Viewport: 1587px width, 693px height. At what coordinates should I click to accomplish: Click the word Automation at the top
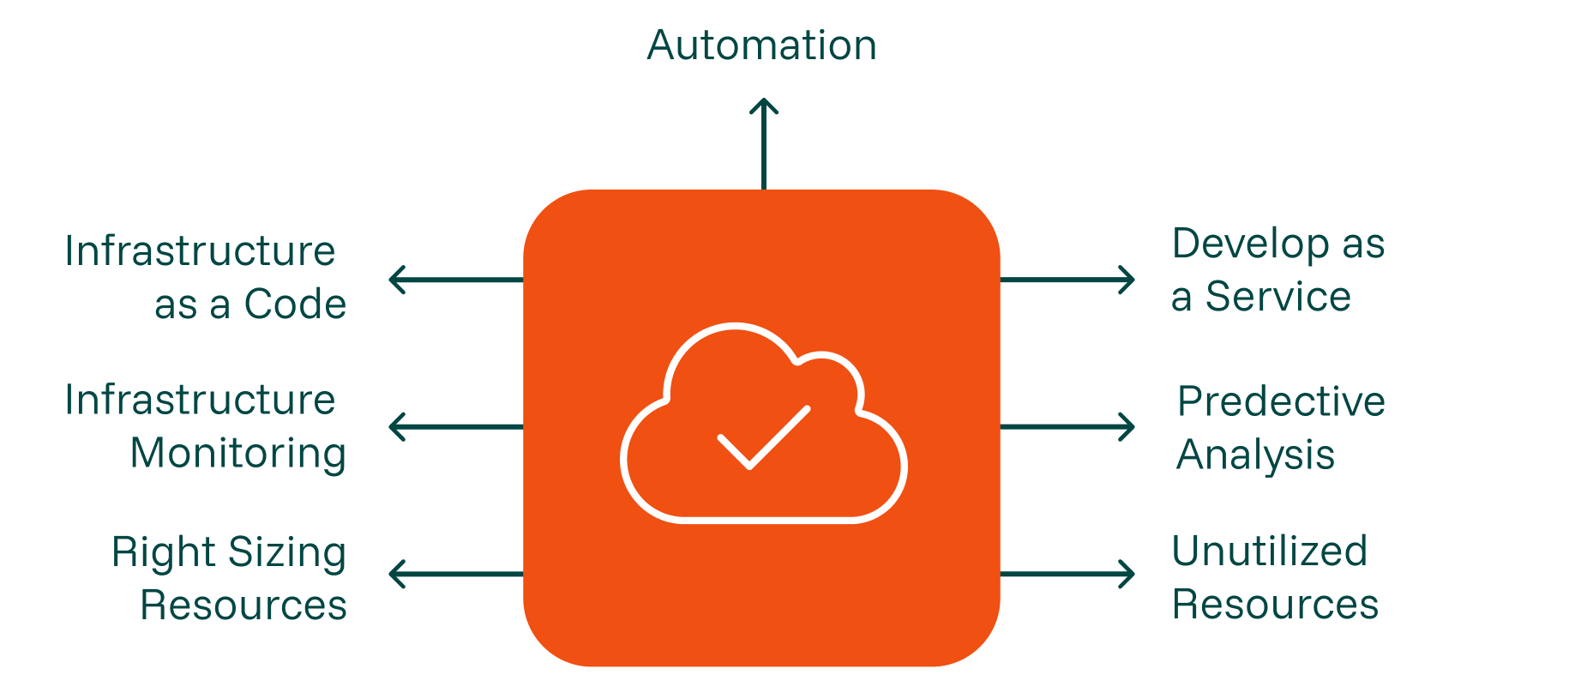point(762,45)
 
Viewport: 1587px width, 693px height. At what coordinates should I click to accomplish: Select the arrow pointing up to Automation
point(764,142)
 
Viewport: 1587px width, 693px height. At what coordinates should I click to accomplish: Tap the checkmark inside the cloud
point(763,437)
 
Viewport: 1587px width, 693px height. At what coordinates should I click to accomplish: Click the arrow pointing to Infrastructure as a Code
point(455,280)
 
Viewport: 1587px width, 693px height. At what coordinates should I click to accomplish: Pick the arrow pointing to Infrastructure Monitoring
point(455,426)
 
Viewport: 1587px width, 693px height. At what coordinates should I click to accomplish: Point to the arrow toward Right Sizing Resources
point(455,574)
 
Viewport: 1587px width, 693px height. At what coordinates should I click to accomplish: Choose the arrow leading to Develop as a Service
point(1067,280)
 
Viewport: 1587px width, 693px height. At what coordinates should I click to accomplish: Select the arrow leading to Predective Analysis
point(1067,426)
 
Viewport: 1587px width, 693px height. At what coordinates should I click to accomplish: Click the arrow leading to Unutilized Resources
point(1067,574)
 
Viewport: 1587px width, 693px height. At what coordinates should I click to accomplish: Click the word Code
point(295,304)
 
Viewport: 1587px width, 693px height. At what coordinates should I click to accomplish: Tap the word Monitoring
point(238,454)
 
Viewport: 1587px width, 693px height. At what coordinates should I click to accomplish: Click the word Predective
point(1281,401)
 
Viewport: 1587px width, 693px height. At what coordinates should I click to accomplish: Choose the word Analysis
point(1255,455)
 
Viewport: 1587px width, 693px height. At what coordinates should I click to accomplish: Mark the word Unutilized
point(1269,551)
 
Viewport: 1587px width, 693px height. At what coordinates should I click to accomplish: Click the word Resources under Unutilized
point(1275,605)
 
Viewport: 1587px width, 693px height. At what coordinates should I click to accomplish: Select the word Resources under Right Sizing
point(243,606)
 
